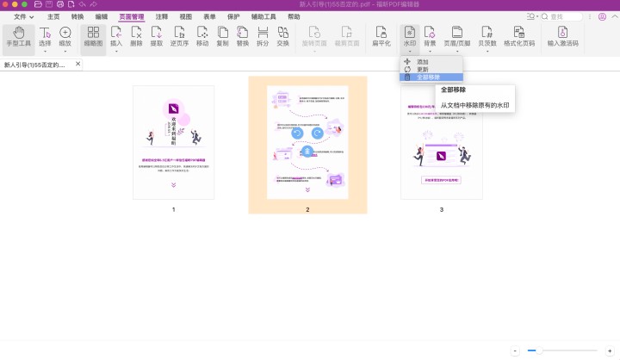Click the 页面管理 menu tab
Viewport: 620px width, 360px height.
pyautogui.click(x=132, y=16)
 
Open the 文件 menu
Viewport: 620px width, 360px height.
pyautogui.click(x=23, y=16)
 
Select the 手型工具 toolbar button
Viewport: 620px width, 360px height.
pyautogui.click(x=17, y=36)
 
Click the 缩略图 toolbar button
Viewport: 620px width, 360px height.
pyautogui.click(x=93, y=36)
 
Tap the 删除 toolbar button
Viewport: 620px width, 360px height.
pyautogui.click(x=136, y=36)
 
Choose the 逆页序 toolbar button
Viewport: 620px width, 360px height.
pyautogui.click(x=179, y=36)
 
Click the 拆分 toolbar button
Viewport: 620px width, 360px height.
pyautogui.click(x=263, y=36)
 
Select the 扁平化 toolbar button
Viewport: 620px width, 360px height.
pyautogui.click(x=381, y=36)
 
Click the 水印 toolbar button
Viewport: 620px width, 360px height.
pyautogui.click(x=409, y=36)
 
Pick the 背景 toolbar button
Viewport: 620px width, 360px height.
pyautogui.click(x=430, y=36)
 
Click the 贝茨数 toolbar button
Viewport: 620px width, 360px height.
pyautogui.click(x=487, y=36)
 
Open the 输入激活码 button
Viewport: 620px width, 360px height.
pyautogui.click(x=564, y=36)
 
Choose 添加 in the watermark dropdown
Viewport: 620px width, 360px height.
pyautogui.click(x=422, y=62)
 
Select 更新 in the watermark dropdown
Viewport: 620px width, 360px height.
pyautogui.click(x=422, y=70)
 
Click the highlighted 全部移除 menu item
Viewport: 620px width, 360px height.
pyautogui.click(x=428, y=78)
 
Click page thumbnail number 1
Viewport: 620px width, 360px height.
pyautogui.click(x=173, y=142)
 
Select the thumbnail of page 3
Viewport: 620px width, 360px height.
pyautogui.click(x=442, y=142)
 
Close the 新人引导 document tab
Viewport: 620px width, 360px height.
pyautogui.click(x=78, y=64)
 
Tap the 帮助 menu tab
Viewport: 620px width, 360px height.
pyautogui.click(x=294, y=16)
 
